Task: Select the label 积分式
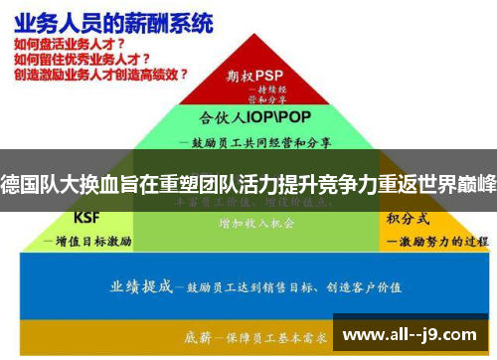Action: (x=407, y=219)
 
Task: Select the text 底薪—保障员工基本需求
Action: (x=248, y=338)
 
